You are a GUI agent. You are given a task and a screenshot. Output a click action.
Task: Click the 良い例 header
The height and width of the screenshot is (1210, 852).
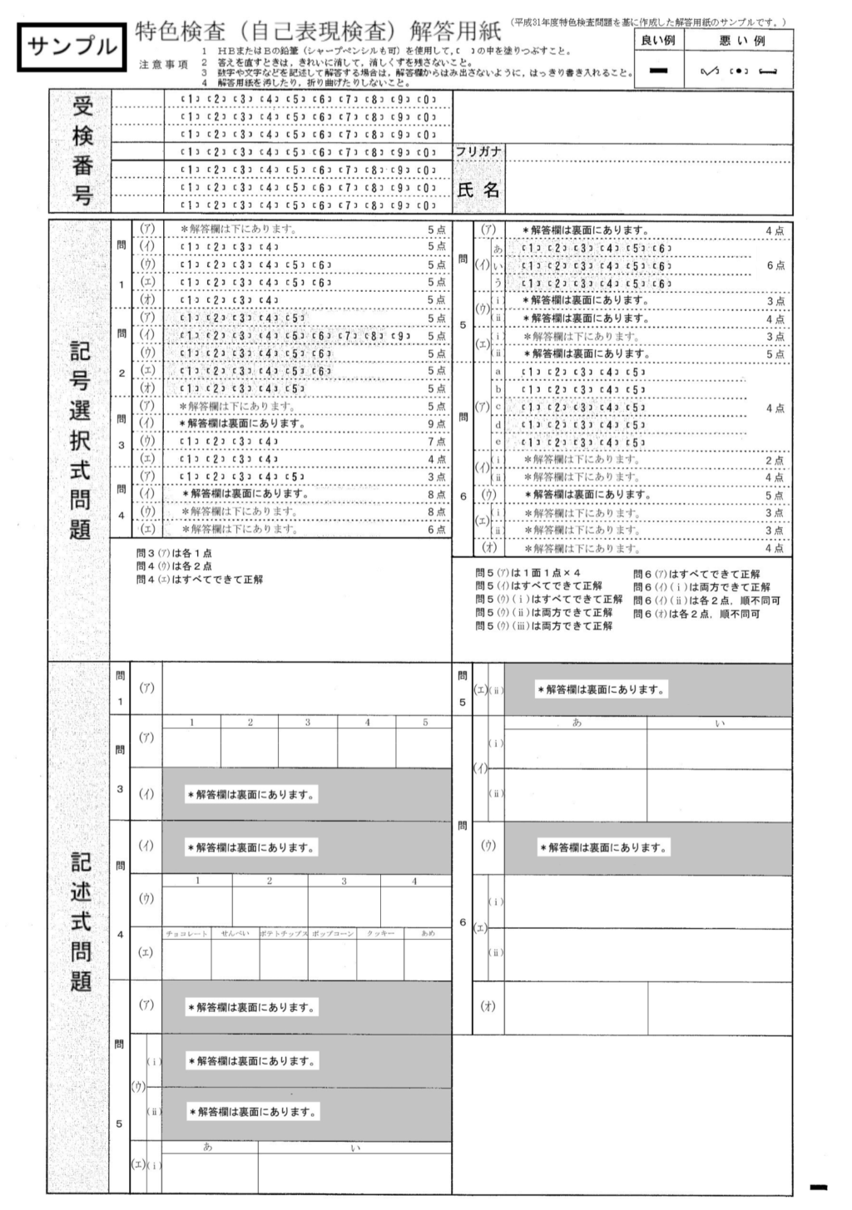click(x=658, y=41)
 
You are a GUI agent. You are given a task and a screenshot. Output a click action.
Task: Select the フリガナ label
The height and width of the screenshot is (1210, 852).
click(x=478, y=151)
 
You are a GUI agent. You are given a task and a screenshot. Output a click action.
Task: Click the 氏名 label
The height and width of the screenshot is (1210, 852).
click(x=478, y=190)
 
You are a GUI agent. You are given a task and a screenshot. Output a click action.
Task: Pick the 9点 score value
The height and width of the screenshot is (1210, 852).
click(x=436, y=424)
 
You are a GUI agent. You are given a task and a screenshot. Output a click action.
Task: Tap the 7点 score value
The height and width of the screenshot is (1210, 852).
click(x=436, y=442)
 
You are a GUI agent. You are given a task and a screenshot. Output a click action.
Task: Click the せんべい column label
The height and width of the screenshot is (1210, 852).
click(x=235, y=934)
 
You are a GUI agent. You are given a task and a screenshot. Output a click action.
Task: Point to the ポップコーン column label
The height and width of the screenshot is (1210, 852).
click(x=333, y=934)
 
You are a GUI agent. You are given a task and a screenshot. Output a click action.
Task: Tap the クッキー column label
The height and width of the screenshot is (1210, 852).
click(x=380, y=934)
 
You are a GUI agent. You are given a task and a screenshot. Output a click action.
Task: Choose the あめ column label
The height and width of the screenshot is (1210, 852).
click(x=428, y=934)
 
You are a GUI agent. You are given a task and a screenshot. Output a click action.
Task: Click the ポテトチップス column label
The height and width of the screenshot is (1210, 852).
click(x=284, y=934)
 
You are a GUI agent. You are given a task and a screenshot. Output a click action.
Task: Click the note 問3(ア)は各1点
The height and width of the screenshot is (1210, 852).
click(x=173, y=553)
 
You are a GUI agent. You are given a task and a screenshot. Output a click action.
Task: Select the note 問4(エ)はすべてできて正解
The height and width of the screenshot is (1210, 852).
click(x=200, y=579)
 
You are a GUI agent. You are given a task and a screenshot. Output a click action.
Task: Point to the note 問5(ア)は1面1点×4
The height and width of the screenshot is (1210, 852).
click(x=528, y=573)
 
